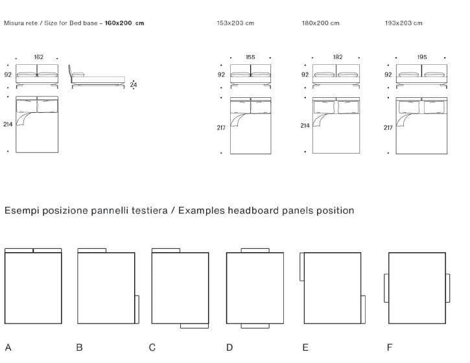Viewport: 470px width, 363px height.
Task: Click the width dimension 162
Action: tap(39, 57)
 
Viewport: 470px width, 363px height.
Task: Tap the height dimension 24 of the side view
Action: tap(134, 84)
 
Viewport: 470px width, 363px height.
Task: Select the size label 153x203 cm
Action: tap(235, 23)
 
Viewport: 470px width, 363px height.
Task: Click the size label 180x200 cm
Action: tap(320, 23)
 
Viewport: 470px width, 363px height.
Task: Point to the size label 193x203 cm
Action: tap(403, 23)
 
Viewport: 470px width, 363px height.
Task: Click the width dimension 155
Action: tap(250, 57)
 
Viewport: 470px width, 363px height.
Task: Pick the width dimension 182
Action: tap(338, 57)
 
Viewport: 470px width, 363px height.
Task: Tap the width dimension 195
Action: tap(422, 57)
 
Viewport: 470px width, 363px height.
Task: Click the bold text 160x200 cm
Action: tap(124, 23)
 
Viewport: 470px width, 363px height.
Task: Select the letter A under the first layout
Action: tap(8, 347)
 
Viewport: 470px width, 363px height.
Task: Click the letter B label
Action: tap(79, 347)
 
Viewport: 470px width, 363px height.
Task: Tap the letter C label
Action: tap(152, 347)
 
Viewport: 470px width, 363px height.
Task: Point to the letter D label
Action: tap(229, 347)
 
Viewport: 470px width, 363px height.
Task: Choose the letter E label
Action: tap(305, 347)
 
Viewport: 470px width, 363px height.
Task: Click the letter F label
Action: tap(390, 347)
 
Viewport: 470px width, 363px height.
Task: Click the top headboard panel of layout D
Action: tap(255, 250)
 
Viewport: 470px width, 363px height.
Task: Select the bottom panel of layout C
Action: tap(194, 325)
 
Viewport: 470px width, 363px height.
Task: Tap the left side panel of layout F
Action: tap(386, 288)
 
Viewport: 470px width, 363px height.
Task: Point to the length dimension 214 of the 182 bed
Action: tap(305, 126)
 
